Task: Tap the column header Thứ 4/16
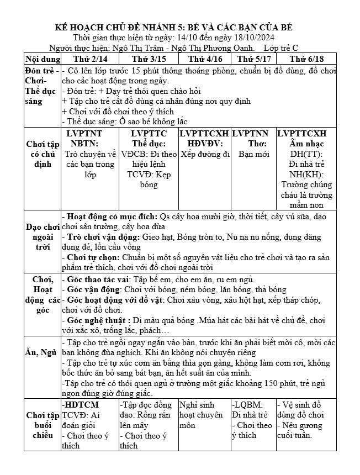coord(205,59)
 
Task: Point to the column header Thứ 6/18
coord(306,59)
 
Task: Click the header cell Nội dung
coord(42,59)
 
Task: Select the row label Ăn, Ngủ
coord(42,352)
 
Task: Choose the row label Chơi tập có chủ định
coord(42,154)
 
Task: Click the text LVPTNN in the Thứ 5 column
coord(250,134)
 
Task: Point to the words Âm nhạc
coord(306,144)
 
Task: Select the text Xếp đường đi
coord(205,154)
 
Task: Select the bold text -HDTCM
coord(78,405)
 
